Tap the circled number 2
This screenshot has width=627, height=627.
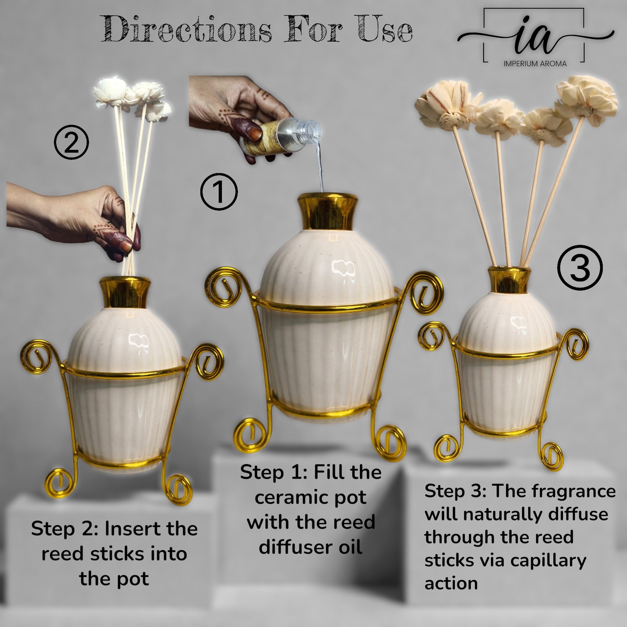click(71, 143)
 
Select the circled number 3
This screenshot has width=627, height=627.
click(580, 268)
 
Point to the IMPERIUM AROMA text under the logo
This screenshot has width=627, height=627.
click(535, 63)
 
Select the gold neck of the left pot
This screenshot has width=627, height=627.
click(125, 292)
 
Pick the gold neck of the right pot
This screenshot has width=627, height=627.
click(509, 280)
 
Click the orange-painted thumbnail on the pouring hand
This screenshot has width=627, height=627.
click(255, 134)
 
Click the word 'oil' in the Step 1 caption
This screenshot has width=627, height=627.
click(350, 547)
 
